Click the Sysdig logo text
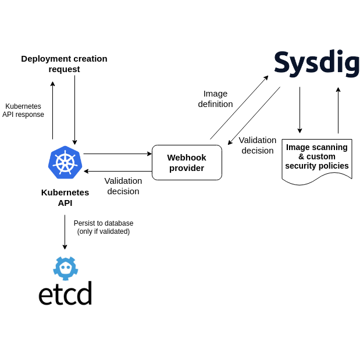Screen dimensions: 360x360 click(316, 63)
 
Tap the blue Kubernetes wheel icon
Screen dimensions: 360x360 click(65, 162)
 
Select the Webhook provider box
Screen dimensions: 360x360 click(187, 162)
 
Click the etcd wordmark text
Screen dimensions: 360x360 click(65, 294)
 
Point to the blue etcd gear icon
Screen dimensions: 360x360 click(65, 268)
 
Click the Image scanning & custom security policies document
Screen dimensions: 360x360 click(317, 160)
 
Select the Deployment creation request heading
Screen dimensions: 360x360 click(64, 63)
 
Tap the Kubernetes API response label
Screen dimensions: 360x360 click(23, 111)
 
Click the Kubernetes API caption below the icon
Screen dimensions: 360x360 click(65, 197)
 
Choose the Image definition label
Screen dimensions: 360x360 click(215, 98)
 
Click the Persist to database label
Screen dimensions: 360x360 click(104, 227)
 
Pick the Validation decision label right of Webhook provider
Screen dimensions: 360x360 click(257, 145)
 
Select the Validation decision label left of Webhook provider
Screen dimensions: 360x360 click(123, 186)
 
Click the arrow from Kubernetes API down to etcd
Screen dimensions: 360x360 click(65, 231)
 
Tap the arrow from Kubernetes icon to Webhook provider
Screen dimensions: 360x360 click(117, 154)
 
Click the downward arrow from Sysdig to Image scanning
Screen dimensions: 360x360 click(300, 110)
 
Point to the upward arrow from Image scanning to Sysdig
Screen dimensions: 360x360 click(338, 111)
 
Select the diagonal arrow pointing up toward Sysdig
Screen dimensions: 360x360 click(239, 108)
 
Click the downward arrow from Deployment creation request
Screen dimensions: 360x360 click(74, 110)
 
